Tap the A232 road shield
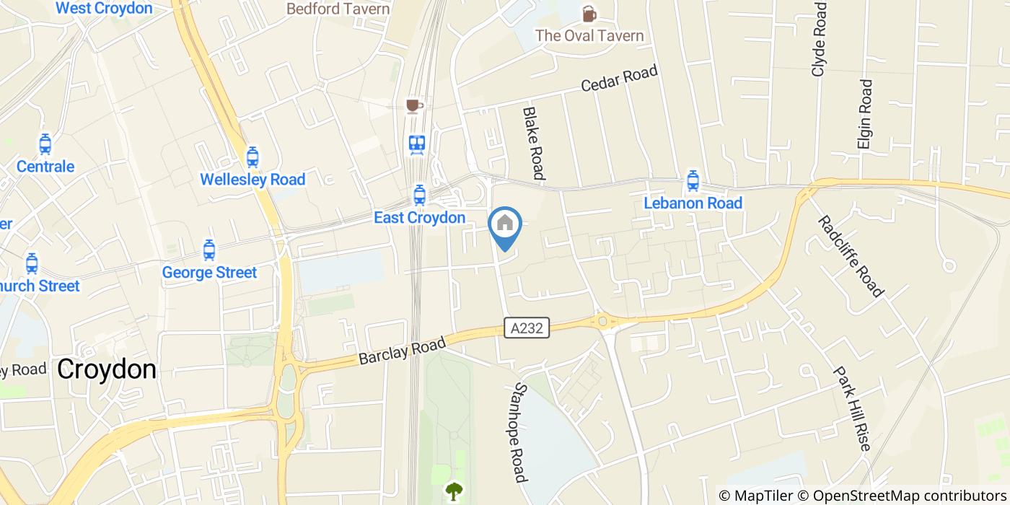(x=526, y=329)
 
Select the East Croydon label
(x=419, y=217)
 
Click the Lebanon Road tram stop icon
(x=693, y=180)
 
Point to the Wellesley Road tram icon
(x=252, y=157)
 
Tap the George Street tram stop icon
(x=209, y=250)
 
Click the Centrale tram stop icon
(x=45, y=144)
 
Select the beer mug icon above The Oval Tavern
(x=589, y=14)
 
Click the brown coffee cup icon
(x=413, y=107)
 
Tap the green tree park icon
(x=454, y=492)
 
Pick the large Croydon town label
(x=107, y=369)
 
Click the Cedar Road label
(x=620, y=79)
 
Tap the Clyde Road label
(x=819, y=39)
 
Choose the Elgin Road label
(x=865, y=114)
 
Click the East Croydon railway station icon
(x=417, y=144)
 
